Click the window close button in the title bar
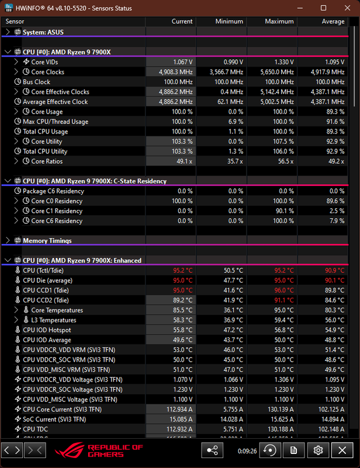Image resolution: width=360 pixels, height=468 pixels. coord(347,8)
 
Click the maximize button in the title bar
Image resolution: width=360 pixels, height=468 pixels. coord(323,8)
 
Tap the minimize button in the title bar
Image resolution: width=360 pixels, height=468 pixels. coord(300,8)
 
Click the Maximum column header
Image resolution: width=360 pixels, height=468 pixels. coord(279,22)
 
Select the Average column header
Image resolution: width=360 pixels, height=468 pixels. coord(333,22)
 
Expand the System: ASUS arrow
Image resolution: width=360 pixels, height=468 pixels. coord(8,32)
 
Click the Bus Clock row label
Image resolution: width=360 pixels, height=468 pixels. coord(36,82)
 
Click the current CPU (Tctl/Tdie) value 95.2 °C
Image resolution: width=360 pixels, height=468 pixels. coord(183,270)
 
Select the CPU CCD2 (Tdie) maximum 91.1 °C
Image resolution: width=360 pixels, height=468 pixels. coord(284,300)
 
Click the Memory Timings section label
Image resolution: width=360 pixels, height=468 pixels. coord(47,240)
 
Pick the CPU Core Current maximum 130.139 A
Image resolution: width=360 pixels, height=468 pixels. coord(281,409)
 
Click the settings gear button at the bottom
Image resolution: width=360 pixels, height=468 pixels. coord(318,450)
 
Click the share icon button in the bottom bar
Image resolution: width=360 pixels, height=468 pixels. coord(212,450)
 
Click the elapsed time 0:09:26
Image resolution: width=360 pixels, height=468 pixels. coord(247,451)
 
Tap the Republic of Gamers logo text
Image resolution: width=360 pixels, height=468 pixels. coord(115,450)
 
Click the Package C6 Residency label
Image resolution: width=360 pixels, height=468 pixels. coord(53,191)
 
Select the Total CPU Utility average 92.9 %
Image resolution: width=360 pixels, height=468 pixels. coord(335,152)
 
